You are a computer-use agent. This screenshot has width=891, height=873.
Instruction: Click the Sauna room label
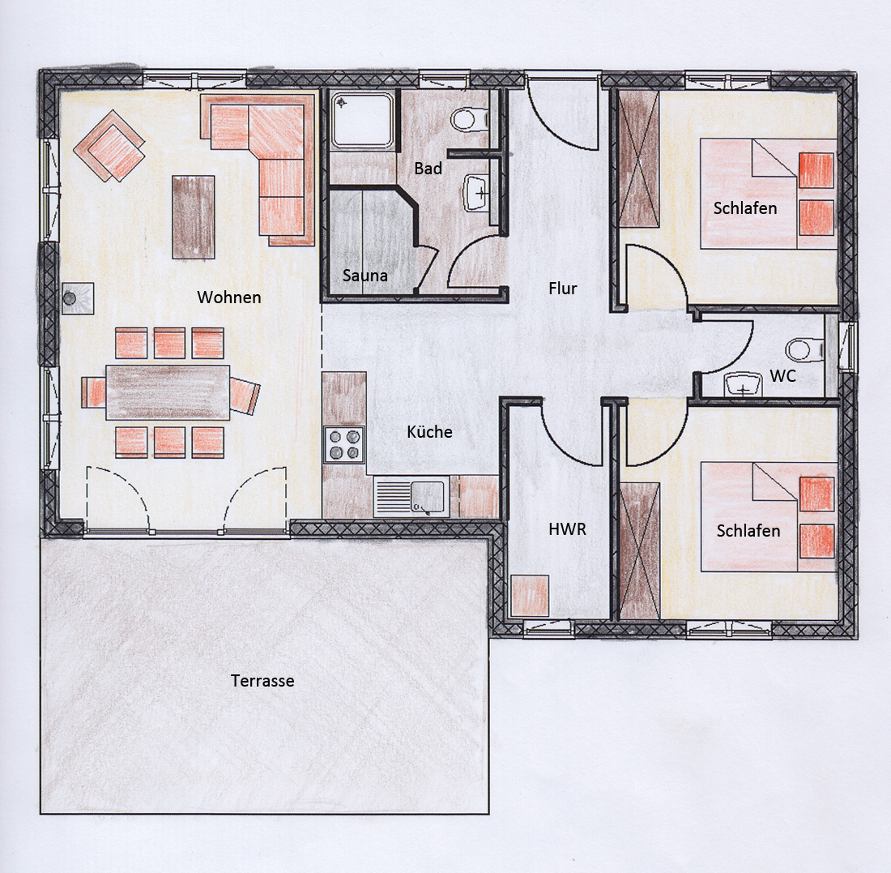[x=364, y=276]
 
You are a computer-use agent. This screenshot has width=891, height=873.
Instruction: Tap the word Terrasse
[x=262, y=681]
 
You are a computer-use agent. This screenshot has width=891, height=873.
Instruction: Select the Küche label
[x=429, y=432]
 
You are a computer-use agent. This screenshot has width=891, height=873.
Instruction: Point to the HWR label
[x=567, y=529]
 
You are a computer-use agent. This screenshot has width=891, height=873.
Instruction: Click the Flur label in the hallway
[x=563, y=289]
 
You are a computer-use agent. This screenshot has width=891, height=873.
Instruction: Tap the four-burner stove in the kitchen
[x=344, y=444]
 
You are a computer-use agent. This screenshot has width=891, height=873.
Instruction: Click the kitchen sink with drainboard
[x=411, y=497]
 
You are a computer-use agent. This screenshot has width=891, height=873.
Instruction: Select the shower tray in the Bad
[x=363, y=121]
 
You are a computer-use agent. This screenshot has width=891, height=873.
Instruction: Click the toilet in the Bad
[x=470, y=119]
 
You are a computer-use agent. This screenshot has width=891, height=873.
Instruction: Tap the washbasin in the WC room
[x=744, y=384]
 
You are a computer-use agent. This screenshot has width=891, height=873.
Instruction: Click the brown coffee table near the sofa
[x=194, y=217]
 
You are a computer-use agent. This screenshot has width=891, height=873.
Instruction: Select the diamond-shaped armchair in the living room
[x=109, y=146]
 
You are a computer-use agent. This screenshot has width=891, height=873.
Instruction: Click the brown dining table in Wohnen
[x=168, y=392]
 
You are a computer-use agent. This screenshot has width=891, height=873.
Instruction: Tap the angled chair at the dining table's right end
[x=245, y=396]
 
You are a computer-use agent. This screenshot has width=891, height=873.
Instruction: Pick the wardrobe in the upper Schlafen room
[x=639, y=159]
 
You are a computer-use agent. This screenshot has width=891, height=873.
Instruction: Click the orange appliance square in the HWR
[x=530, y=596]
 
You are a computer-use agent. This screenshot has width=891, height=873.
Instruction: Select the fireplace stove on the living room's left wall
[x=78, y=298]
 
